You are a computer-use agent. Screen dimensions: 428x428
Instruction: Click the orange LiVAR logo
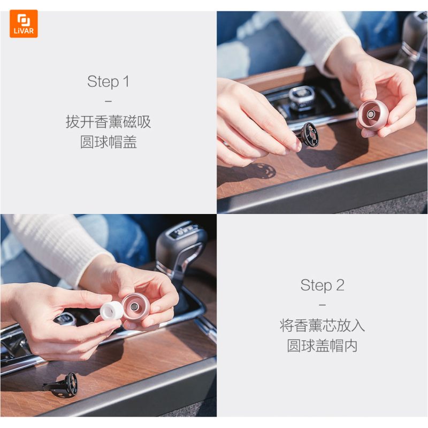pos(24,24)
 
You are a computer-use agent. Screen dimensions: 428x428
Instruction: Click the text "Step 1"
pos(108,82)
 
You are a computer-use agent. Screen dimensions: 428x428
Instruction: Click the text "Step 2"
pos(322,285)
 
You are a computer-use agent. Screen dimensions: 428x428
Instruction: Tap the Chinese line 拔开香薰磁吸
pos(108,121)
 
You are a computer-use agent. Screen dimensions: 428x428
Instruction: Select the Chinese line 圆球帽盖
pos(108,142)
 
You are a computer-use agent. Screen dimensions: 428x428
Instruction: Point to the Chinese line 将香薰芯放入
pos(322,325)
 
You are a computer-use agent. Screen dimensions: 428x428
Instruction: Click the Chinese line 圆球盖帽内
pos(322,346)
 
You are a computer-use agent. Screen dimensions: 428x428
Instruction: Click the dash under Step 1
pos(108,101)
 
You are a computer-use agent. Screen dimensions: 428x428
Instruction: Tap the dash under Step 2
pos(322,305)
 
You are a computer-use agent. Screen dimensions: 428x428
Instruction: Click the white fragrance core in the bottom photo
pos(111,311)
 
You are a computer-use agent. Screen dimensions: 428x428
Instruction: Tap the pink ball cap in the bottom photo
pos(135,308)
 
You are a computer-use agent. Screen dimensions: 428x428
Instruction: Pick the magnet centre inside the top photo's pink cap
pos(370,114)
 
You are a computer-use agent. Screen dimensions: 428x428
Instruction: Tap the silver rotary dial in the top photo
pos(302,97)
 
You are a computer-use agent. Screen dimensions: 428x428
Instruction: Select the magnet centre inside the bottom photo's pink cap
pos(134,307)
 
